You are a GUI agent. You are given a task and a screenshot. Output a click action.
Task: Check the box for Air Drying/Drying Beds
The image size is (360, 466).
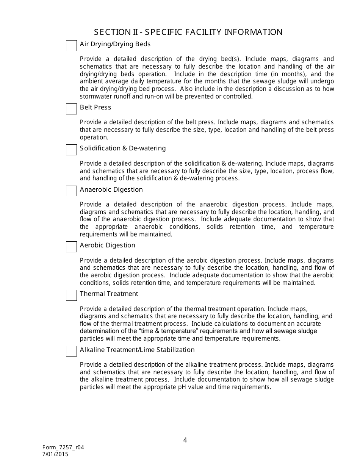(71, 45)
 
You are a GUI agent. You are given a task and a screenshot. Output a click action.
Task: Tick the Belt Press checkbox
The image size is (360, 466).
(71, 109)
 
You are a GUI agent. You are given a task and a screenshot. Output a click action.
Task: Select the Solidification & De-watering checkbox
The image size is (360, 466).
(71, 150)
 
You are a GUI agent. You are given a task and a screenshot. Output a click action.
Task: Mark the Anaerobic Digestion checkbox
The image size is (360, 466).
(71, 191)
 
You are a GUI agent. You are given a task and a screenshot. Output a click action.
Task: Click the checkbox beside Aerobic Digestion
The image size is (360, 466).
(71, 247)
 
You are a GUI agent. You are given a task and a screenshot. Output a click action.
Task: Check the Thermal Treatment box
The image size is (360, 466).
(71, 295)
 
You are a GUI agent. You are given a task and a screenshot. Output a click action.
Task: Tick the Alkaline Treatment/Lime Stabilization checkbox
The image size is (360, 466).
(71, 351)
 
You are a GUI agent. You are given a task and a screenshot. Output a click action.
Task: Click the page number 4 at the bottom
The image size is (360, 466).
(185, 440)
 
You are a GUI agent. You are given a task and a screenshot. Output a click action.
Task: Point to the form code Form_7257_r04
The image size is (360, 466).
(63, 447)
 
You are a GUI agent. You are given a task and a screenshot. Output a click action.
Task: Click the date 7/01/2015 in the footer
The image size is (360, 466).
(55, 454)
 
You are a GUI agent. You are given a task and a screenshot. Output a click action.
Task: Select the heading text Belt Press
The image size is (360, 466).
(95, 107)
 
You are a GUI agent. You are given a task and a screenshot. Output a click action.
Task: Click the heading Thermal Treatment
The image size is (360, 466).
(109, 294)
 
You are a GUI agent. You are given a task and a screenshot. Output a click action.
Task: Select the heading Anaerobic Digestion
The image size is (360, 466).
(111, 189)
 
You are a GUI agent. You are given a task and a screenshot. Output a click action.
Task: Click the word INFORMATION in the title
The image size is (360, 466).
(254, 32)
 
